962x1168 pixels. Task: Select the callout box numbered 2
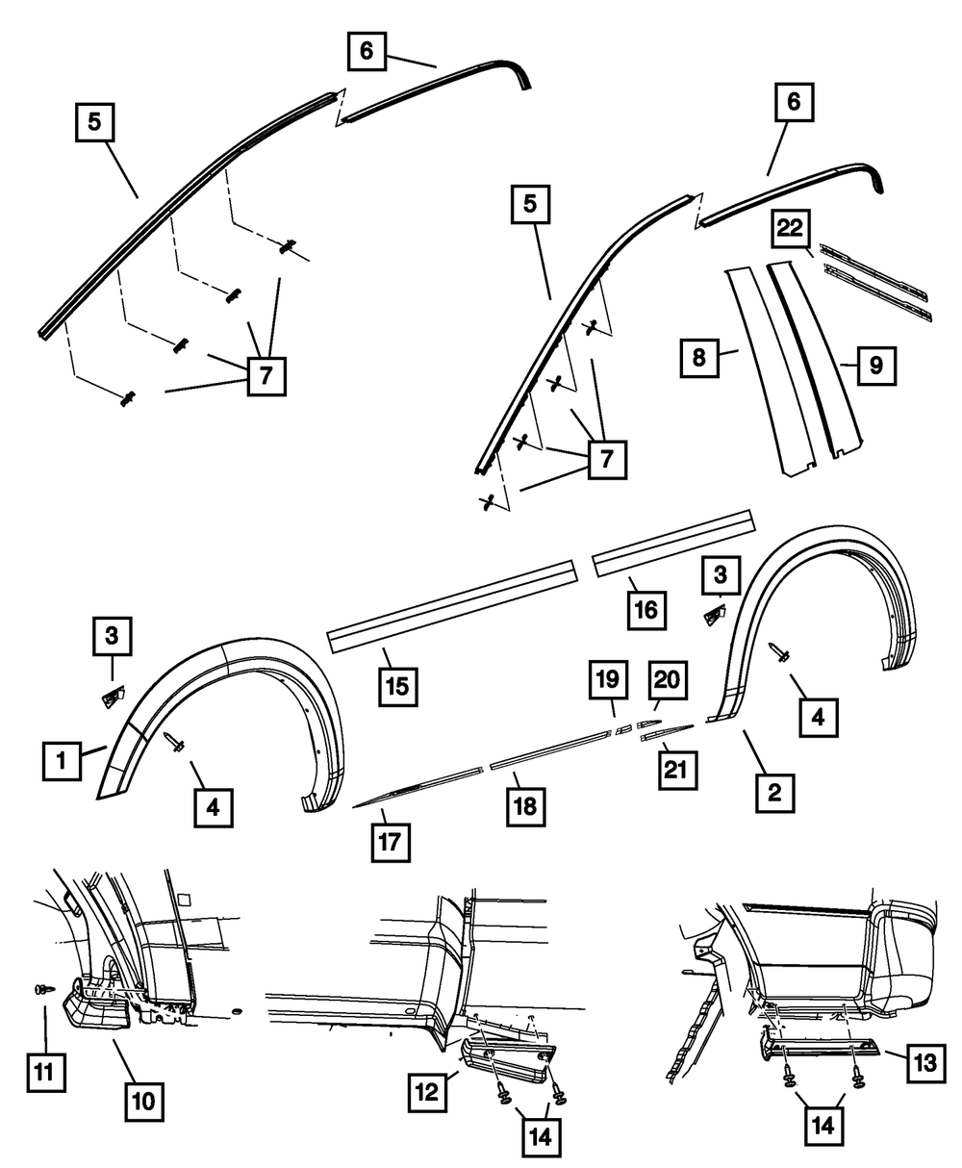click(x=774, y=792)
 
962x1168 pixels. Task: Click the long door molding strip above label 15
click(x=452, y=600)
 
